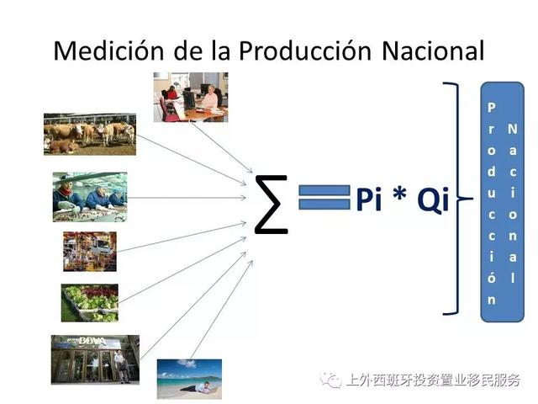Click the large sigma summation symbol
(272, 205)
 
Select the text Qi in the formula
(428, 202)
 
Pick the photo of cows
(89, 134)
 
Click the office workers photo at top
(191, 97)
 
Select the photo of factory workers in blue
(89, 197)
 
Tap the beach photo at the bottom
(188, 378)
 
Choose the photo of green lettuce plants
(89, 302)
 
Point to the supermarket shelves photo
(89, 250)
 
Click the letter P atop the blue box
(492, 108)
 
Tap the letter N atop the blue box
(512, 129)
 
